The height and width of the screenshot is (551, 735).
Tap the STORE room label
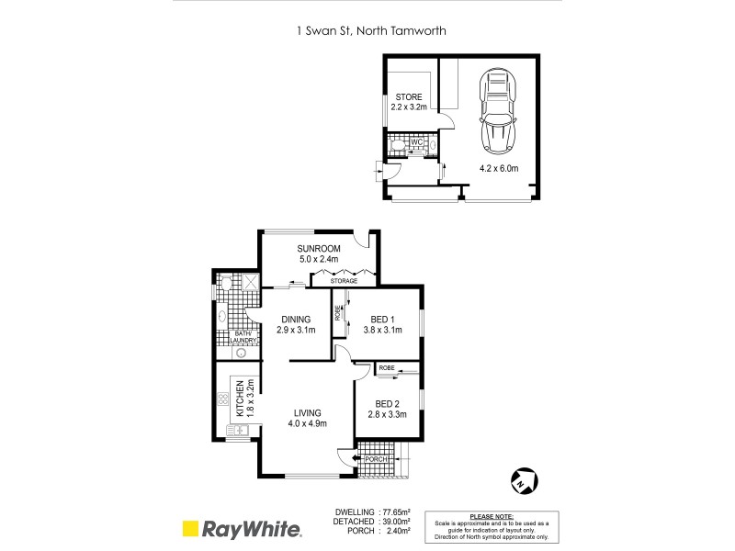[x=410, y=97]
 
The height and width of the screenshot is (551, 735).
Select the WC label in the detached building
[x=415, y=142]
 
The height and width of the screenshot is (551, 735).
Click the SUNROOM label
[x=320, y=249]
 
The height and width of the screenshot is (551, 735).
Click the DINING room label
[x=296, y=320]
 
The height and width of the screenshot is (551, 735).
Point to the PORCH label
[x=374, y=459]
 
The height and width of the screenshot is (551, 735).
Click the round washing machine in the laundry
[x=241, y=350]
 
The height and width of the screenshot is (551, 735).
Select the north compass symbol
[x=521, y=481]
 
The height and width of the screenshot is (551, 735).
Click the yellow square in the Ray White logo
[x=190, y=529]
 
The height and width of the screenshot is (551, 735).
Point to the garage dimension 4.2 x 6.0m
[x=499, y=168]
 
